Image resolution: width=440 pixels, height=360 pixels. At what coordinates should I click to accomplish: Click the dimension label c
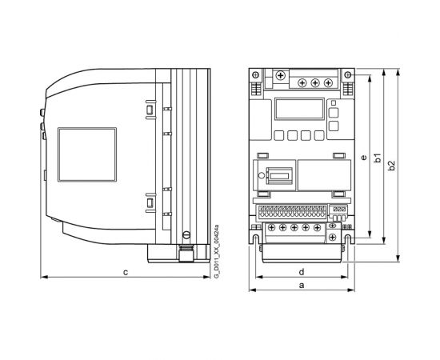(126, 273)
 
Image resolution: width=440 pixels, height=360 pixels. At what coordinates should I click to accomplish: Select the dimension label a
(301, 284)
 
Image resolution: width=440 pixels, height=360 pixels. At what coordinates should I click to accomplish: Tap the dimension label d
(301, 270)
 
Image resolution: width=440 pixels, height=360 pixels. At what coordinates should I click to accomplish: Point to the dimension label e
(364, 158)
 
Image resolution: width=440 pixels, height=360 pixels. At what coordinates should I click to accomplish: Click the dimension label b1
(378, 158)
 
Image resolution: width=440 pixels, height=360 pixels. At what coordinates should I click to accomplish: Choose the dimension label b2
(392, 165)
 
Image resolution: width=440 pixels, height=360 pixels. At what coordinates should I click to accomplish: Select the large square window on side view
(81, 154)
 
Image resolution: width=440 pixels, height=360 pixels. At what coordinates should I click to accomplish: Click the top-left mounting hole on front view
(255, 74)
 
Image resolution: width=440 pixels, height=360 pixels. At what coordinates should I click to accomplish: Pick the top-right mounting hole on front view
(350, 74)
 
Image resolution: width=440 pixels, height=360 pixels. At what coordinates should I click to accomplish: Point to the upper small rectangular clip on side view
(150, 108)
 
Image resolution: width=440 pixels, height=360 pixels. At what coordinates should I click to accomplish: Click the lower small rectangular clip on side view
(150, 203)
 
